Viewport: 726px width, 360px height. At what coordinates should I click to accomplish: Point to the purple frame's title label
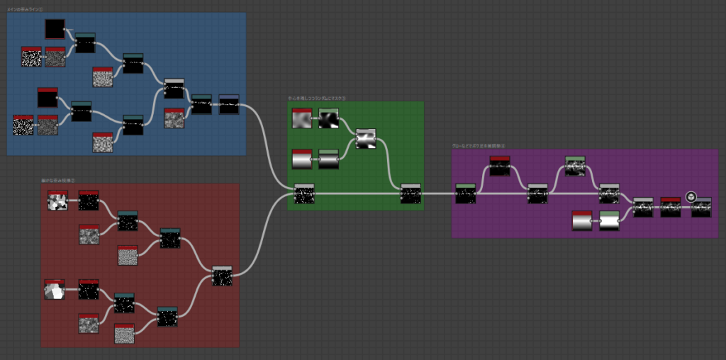(479, 146)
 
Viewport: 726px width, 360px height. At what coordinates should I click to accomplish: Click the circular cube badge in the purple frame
(691, 197)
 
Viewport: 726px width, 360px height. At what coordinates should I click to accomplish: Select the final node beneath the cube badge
(701, 208)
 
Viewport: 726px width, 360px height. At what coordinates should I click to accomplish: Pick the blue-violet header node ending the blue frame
(229, 105)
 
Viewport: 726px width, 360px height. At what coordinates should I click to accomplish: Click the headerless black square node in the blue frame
(55, 29)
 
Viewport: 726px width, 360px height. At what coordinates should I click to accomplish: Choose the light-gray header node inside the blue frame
(174, 89)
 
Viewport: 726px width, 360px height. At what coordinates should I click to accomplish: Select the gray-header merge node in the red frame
(223, 276)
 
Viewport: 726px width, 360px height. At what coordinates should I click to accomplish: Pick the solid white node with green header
(609, 221)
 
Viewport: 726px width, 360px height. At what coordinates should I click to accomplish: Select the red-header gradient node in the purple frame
(582, 221)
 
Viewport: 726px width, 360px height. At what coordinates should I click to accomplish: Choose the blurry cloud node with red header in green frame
(302, 118)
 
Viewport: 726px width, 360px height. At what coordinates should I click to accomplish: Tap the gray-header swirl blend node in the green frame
(366, 138)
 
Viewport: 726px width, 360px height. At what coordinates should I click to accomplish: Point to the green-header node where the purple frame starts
(465, 193)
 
